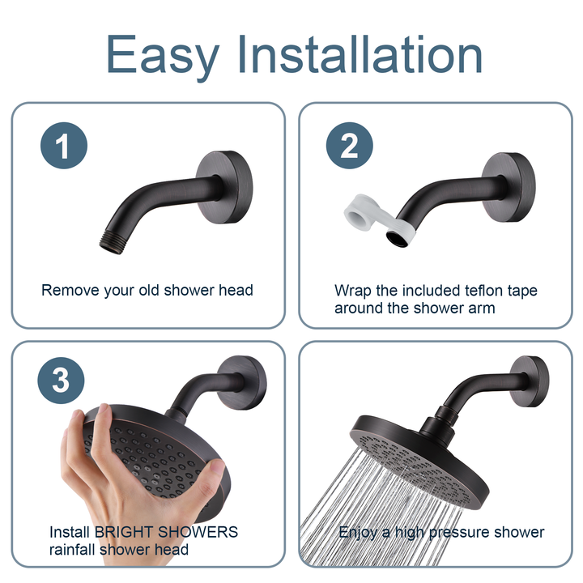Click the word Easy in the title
click(163, 55)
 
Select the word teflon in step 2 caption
click(484, 290)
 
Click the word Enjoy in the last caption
click(357, 532)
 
